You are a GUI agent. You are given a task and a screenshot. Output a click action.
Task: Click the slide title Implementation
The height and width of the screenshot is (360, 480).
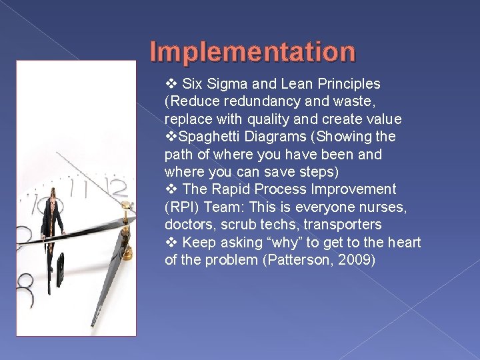click(253, 51)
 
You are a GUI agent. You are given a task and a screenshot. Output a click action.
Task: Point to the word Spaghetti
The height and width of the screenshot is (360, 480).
click(205, 137)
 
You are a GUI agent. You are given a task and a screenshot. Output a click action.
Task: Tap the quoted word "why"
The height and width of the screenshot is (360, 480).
click(281, 242)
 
